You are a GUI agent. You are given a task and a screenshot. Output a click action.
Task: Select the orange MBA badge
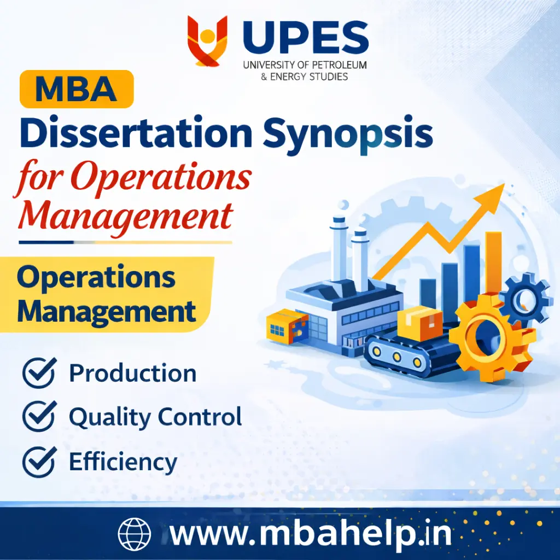point(77,90)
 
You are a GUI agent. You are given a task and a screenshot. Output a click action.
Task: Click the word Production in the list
point(132,374)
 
